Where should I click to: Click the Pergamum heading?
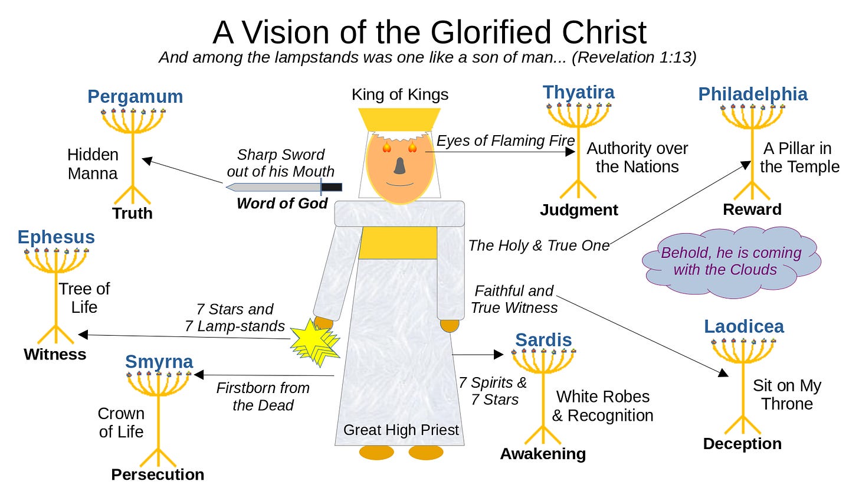coord(135,96)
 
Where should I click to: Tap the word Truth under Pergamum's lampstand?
coord(132,213)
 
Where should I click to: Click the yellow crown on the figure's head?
coord(399,119)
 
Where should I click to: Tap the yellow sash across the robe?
coord(398,243)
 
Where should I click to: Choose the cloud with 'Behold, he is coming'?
coord(731,261)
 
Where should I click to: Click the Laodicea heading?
coord(743,326)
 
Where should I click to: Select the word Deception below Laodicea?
coord(742,444)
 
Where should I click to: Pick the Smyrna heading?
coord(159,361)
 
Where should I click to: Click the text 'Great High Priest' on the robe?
coord(401,430)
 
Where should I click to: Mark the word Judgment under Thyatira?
coord(579,210)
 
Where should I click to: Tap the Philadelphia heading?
coord(753,94)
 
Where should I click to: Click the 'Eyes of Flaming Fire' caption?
coord(506,140)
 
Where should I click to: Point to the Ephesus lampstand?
coord(56,295)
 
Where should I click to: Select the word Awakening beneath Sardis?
coord(543,453)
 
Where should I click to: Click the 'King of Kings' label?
coord(399,94)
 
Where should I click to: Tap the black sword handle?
coord(332,187)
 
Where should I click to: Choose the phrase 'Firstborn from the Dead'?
coord(263,396)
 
